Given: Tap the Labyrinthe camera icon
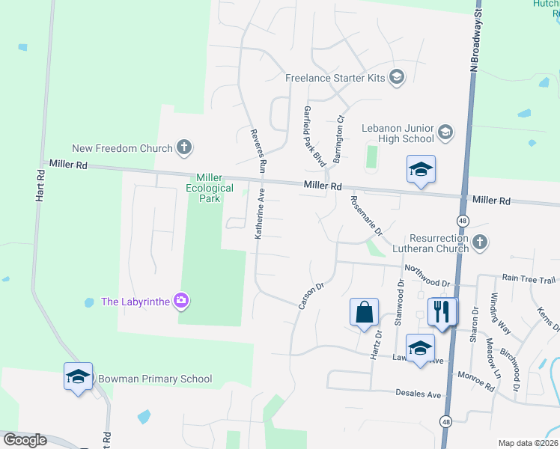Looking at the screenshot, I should tap(180, 302).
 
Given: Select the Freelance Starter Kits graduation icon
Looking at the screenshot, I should tap(397, 77).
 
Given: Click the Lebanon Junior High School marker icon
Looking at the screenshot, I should tap(445, 132).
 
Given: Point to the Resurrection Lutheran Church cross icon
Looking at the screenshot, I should tap(480, 242).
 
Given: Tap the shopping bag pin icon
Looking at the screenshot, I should tap(364, 314).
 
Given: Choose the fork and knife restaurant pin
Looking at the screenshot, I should tap(442, 311).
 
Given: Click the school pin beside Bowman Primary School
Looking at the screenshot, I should tap(78, 378).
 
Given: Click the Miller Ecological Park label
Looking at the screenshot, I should tap(208, 189).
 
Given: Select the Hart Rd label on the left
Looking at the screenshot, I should tap(41, 184).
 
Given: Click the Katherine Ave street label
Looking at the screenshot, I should tap(261, 213).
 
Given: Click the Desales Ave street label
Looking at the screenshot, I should tap(419, 394).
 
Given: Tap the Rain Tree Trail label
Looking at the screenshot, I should tap(529, 278).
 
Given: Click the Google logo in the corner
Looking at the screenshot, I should tap(25, 439).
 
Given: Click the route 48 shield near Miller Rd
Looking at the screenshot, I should tap(463, 221).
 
